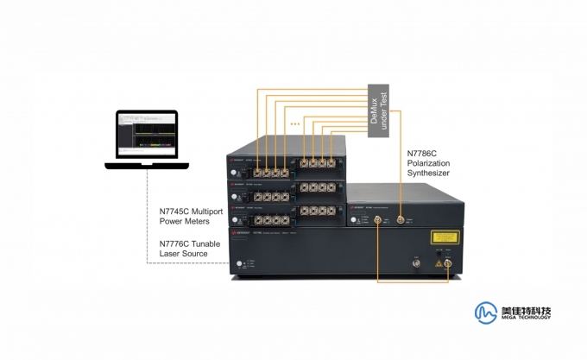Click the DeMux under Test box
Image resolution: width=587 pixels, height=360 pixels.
click(379, 110)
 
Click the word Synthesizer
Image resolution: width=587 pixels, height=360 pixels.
click(429, 174)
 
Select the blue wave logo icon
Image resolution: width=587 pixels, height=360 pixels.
click(486, 312)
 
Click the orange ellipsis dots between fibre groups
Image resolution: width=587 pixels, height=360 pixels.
click(295, 124)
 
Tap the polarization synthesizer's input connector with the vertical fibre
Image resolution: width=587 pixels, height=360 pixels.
click(399, 221)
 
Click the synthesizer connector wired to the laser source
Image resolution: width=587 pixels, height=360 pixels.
click(378, 221)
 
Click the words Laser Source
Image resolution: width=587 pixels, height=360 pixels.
click(184, 254)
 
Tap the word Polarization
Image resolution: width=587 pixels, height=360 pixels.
click(429, 164)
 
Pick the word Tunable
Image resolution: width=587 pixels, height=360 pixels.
click(205, 244)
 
